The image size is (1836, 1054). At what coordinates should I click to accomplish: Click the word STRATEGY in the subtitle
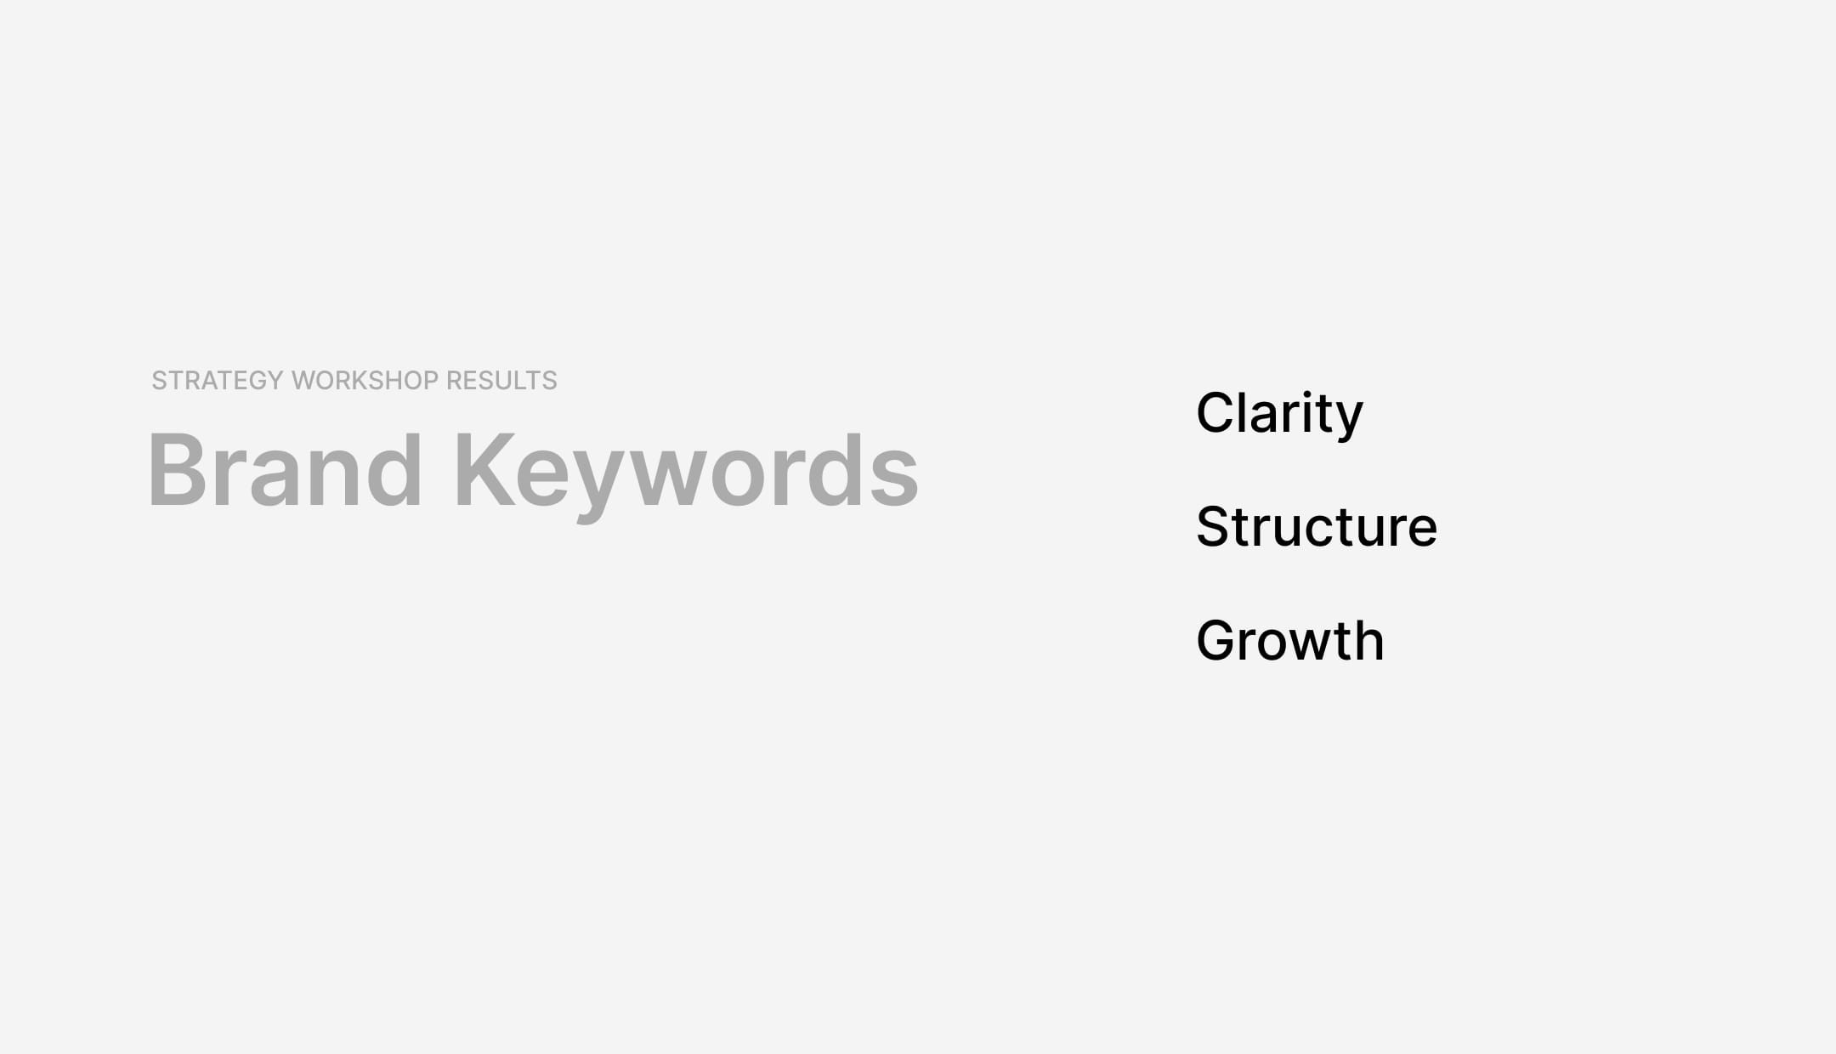tap(217, 381)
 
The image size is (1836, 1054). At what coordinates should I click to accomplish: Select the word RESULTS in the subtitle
tap(501, 381)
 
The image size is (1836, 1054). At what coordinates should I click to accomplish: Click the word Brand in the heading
tap(286, 470)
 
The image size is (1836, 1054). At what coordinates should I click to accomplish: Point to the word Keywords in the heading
tap(687, 470)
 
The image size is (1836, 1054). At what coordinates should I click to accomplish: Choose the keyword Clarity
tap(1279, 414)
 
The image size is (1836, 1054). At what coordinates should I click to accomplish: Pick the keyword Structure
tap(1317, 527)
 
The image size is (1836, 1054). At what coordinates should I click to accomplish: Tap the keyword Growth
tap(1290, 640)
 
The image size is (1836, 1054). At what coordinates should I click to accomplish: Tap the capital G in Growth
tap(1221, 640)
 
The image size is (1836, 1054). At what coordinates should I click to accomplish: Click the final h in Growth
tap(1368, 640)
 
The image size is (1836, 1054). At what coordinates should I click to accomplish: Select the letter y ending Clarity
tap(1346, 420)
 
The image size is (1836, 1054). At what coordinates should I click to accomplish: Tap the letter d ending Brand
tap(395, 470)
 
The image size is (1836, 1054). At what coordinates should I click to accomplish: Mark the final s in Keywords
tap(894, 480)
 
